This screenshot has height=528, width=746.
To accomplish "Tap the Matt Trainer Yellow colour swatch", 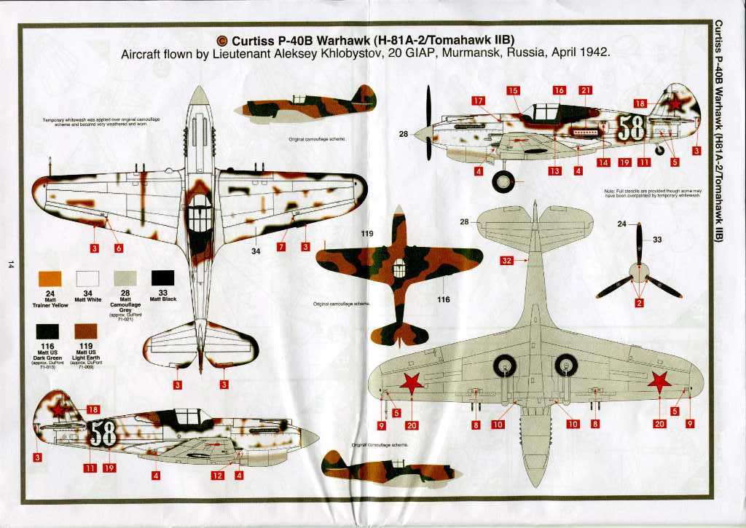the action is pos(50,279).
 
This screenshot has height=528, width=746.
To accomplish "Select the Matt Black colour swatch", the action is pos(162,279).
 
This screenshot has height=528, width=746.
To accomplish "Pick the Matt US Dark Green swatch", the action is pos(50,332).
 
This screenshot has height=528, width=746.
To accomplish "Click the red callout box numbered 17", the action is pos(478,101).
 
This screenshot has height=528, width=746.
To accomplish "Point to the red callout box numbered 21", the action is pos(585,90).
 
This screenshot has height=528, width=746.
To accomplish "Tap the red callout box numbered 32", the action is pos(507,260).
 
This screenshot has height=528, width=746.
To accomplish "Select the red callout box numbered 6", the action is pos(118,248).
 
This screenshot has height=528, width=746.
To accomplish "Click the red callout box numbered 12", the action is pos(217,476).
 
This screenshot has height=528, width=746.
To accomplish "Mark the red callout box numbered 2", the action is pos(639,303).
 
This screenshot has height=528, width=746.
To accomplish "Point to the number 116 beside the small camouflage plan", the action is pos(444,299).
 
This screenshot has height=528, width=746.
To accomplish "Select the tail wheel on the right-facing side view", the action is pos(660,150).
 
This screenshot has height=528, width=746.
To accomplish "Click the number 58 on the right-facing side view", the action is pos(632,127).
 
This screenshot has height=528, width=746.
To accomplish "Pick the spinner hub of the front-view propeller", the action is pos(639,274).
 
